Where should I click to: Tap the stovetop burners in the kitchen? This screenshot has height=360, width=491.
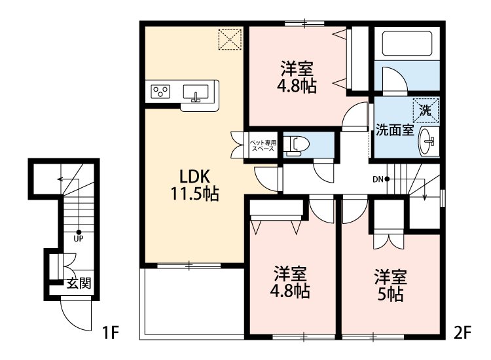161,92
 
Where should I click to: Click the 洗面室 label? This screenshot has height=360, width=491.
393,130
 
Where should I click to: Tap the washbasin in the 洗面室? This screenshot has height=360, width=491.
429,139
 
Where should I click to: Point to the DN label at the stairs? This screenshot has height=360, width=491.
378,179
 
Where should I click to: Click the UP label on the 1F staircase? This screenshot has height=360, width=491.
78,238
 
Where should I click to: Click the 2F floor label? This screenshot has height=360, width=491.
462,333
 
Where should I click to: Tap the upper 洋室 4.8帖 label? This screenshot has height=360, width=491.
298,77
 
